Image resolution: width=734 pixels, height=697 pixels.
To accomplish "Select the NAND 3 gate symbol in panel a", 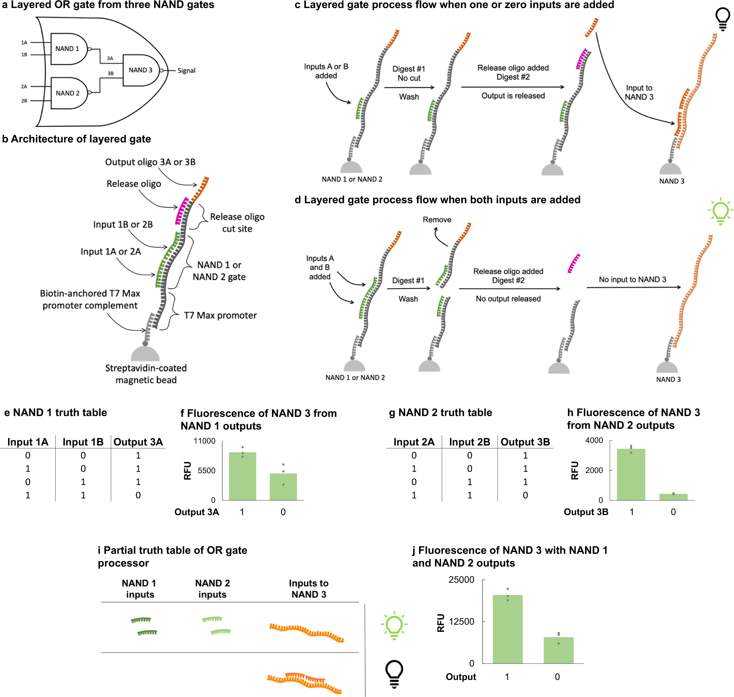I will (141, 70).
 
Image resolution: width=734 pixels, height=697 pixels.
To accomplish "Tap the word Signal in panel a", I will (186, 71).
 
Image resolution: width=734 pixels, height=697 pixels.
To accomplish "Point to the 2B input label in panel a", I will (24, 101).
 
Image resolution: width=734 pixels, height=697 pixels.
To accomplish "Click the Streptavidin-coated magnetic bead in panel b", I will (145, 353).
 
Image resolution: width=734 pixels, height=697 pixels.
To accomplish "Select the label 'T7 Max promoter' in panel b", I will (220, 315).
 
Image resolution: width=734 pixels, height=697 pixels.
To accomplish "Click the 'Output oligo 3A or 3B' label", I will (150, 162).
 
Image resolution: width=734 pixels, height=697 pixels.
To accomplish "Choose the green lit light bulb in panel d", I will (720, 211).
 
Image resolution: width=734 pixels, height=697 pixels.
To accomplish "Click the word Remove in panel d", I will (436, 220).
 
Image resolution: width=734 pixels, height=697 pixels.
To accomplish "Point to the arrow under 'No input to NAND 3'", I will (633, 287).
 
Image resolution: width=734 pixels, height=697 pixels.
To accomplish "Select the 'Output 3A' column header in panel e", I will (138, 442).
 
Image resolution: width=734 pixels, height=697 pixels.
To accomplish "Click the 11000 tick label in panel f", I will (204, 441).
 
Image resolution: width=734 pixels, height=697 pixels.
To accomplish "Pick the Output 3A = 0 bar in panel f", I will (283, 486).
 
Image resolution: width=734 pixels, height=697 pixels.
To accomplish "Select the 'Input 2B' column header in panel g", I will (469, 442).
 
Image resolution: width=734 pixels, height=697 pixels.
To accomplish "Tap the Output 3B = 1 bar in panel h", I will (631, 474).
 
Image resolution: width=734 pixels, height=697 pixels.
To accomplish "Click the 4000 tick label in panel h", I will (594, 440).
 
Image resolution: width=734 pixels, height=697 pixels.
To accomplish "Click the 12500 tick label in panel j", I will (461, 621).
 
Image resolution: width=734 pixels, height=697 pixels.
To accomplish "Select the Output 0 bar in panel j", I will (558, 650).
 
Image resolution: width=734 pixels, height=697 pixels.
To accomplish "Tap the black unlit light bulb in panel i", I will (394, 674).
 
